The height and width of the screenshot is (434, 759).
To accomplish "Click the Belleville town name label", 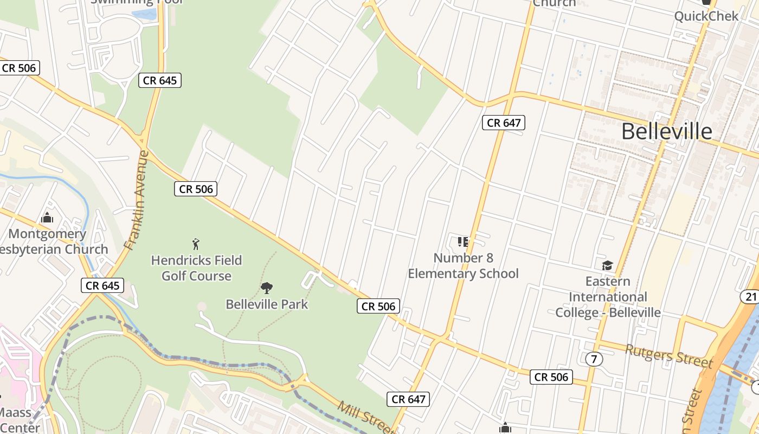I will coord(666,131).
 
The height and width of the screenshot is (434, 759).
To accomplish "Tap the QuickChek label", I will coord(706,16).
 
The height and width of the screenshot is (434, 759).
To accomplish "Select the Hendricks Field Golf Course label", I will coord(196,268).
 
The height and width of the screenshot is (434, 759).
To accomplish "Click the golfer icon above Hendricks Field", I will coord(196,244).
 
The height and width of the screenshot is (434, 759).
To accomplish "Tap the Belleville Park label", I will coord(267,304).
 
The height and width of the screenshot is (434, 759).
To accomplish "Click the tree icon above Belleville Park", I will coord(266,288).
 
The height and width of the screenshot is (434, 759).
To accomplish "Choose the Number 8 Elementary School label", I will coord(463,265).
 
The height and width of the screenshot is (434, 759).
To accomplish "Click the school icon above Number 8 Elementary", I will coord(462,242).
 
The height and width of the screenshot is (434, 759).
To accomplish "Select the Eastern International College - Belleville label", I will coord(608,297).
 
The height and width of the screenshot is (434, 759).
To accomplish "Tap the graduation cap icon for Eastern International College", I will coord(607,265).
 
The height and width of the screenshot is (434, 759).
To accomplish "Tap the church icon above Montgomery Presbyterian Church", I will coord(47,218).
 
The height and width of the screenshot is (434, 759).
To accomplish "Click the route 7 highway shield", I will coord(594,359).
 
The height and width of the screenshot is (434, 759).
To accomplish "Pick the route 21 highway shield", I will coord(750,296).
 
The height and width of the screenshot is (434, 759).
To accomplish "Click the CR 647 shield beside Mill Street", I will coord(408,399).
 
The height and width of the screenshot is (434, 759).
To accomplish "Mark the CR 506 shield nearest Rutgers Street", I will coord(551,377).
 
